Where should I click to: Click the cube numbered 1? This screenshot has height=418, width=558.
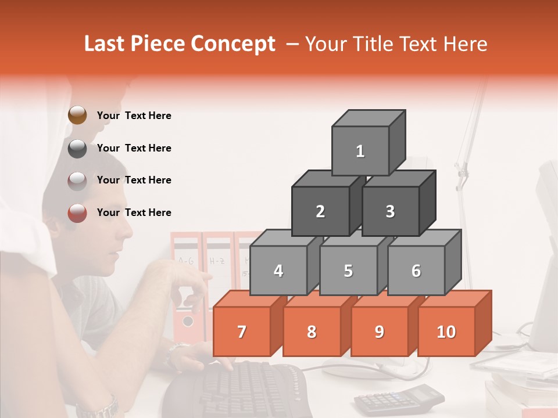[x=360, y=151]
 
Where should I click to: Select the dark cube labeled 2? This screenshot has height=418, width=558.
[x=320, y=211]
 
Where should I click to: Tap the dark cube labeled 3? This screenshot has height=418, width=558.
[x=390, y=211]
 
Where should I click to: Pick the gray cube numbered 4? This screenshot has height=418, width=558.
[x=278, y=271]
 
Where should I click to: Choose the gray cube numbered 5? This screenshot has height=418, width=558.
[x=348, y=271]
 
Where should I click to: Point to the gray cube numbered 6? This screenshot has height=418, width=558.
[x=416, y=271]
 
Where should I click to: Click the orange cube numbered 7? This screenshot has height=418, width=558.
[x=242, y=331]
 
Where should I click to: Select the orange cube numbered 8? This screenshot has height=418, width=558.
[x=312, y=331]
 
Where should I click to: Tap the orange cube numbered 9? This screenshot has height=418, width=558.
[x=379, y=331]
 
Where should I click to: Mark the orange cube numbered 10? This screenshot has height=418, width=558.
[x=446, y=331]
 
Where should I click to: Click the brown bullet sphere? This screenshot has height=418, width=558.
[x=77, y=116]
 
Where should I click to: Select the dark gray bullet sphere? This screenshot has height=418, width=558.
[x=77, y=148]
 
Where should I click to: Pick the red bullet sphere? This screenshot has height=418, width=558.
[x=77, y=213]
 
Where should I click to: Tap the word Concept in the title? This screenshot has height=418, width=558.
[x=234, y=44]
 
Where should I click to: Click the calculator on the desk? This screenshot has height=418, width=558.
[x=399, y=399]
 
